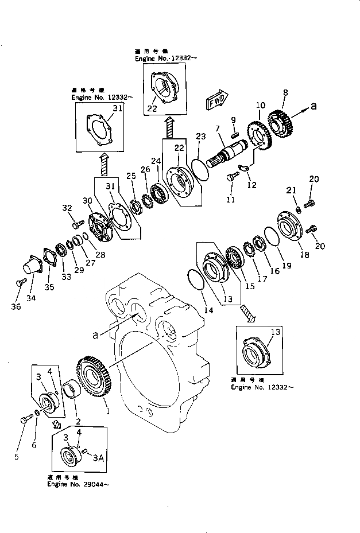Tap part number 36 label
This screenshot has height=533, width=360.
[x=16, y=307]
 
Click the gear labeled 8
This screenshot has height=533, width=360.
[x=281, y=121]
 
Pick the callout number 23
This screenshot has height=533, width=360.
[x=200, y=137]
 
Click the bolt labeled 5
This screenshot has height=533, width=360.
[x=25, y=420]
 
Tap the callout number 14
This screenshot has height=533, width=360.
[x=208, y=310]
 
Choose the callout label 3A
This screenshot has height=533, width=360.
[x=98, y=457]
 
